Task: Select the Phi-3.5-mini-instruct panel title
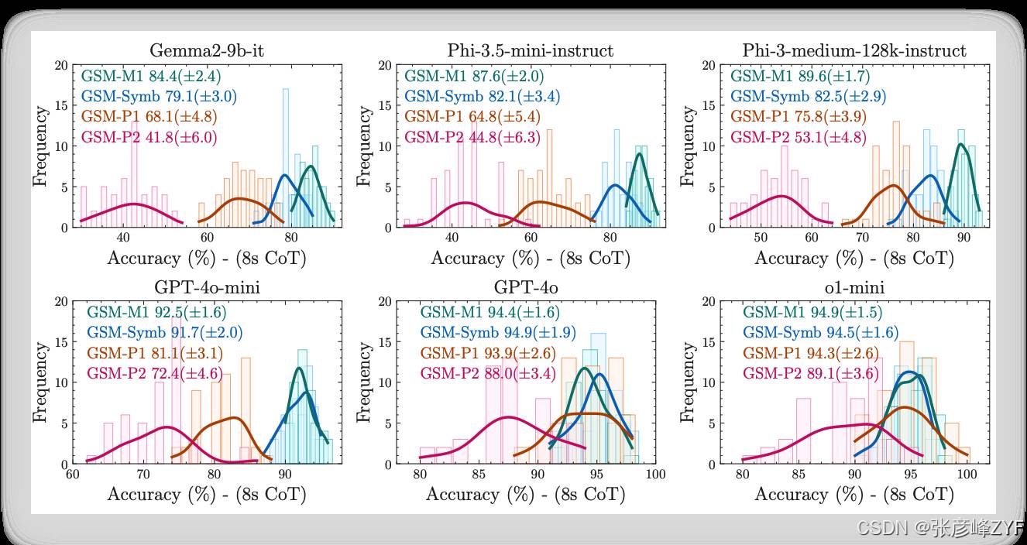pos(530,51)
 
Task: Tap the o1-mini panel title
pos(854,289)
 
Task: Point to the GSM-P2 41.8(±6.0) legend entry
pos(149,137)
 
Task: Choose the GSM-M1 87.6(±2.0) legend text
pos(473,77)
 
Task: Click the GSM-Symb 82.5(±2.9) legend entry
pos(808,97)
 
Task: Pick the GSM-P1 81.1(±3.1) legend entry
pos(155,354)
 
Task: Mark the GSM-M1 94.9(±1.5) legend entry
pos(812,313)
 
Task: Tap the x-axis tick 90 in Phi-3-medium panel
pos(964,238)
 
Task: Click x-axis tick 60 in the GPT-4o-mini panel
pos(73,474)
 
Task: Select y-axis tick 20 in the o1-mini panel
pos(707,302)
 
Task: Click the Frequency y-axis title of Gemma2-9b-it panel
pos(39,146)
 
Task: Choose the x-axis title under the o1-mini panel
pos(854,494)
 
